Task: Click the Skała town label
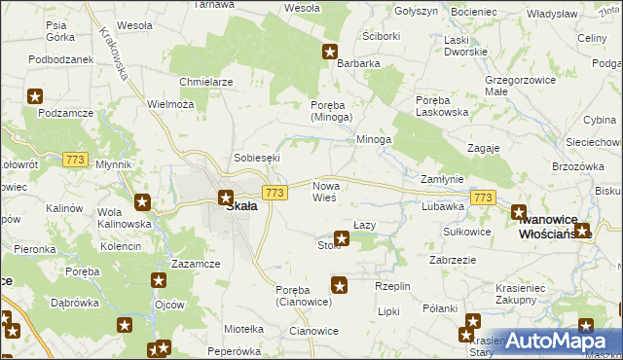241,206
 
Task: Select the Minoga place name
373,139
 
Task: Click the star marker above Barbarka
330,52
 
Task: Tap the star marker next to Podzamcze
35,96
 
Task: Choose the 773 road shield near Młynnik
75,159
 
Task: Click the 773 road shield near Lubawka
482,198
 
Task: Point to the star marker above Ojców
159,280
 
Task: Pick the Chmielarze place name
205,82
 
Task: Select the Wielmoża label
170,104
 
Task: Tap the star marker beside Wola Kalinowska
142,202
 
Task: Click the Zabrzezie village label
452,260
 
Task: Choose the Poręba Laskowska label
442,106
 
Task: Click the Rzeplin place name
393,286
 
